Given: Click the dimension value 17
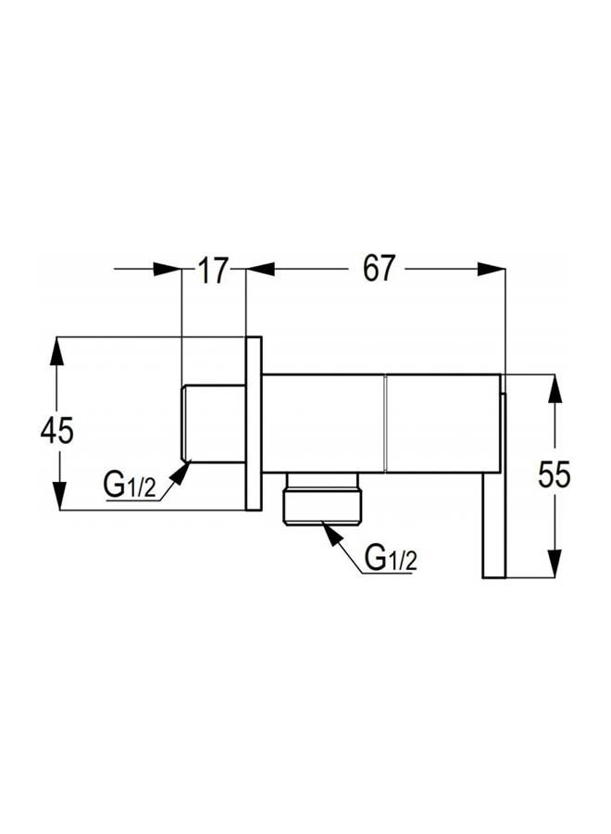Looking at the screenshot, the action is point(213,271).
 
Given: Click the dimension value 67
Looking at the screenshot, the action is point(379,269).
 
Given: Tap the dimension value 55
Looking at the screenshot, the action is point(555,474).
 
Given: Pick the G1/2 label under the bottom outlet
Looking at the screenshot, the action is point(391,559).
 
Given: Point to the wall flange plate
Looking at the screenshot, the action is point(254,423).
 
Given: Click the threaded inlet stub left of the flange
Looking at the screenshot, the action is point(214,423).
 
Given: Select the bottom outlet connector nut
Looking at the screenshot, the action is point(323,499).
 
